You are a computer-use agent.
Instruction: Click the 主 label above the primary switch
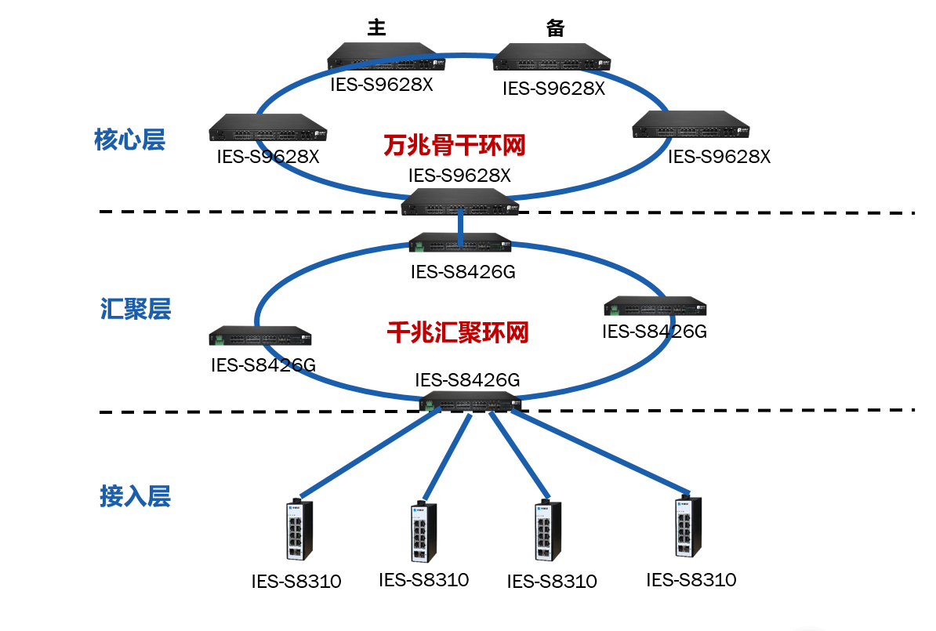click(x=377, y=28)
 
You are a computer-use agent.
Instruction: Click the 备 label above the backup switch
click(x=556, y=28)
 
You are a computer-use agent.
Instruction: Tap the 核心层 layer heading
click(x=129, y=140)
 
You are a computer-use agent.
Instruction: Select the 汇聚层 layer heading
click(x=136, y=309)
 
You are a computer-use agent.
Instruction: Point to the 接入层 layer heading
click(x=135, y=496)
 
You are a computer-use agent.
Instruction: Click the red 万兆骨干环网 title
click(x=454, y=145)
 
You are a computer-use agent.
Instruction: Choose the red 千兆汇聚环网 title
click(x=458, y=332)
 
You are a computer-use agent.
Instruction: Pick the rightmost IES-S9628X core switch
click(x=691, y=127)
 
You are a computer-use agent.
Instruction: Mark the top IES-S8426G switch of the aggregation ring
click(x=460, y=243)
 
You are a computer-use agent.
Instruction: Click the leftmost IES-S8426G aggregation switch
click(x=260, y=336)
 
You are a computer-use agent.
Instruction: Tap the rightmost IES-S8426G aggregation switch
click(x=655, y=306)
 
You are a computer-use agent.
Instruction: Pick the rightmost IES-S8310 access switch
click(x=688, y=528)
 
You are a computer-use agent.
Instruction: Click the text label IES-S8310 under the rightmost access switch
click(x=691, y=580)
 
